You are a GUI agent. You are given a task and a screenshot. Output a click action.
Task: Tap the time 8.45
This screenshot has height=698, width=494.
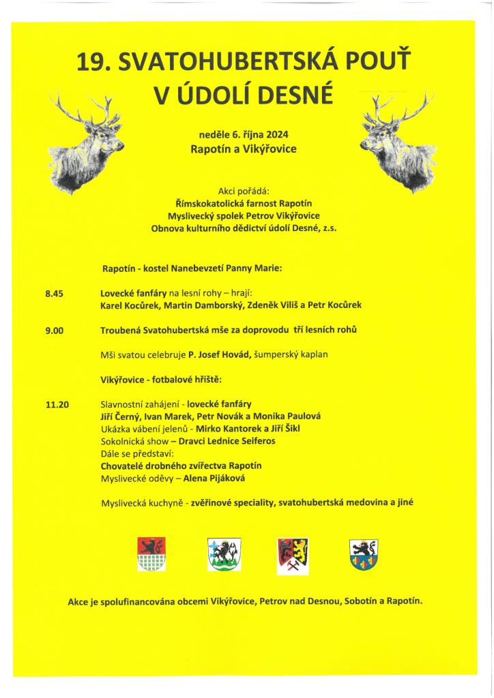point(54,294)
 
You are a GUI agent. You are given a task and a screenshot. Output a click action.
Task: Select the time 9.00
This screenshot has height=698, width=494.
point(54,331)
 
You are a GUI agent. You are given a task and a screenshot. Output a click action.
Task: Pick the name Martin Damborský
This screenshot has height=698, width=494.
point(199,305)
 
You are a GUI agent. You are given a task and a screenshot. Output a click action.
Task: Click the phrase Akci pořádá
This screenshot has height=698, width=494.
point(243,191)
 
